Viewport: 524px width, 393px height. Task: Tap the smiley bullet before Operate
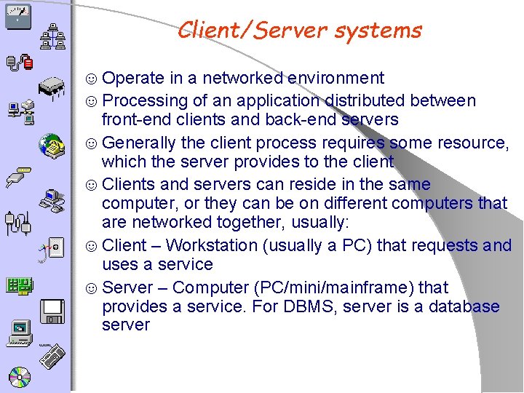tap(92, 79)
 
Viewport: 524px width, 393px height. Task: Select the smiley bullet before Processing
tap(92, 101)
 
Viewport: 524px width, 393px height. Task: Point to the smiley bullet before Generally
tap(92, 143)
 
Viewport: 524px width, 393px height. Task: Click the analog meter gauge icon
tap(16, 16)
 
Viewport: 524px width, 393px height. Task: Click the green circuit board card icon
tap(17, 286)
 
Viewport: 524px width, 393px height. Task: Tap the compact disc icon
tap(19, 376)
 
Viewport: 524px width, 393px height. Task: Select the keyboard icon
tap(52, 360)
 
